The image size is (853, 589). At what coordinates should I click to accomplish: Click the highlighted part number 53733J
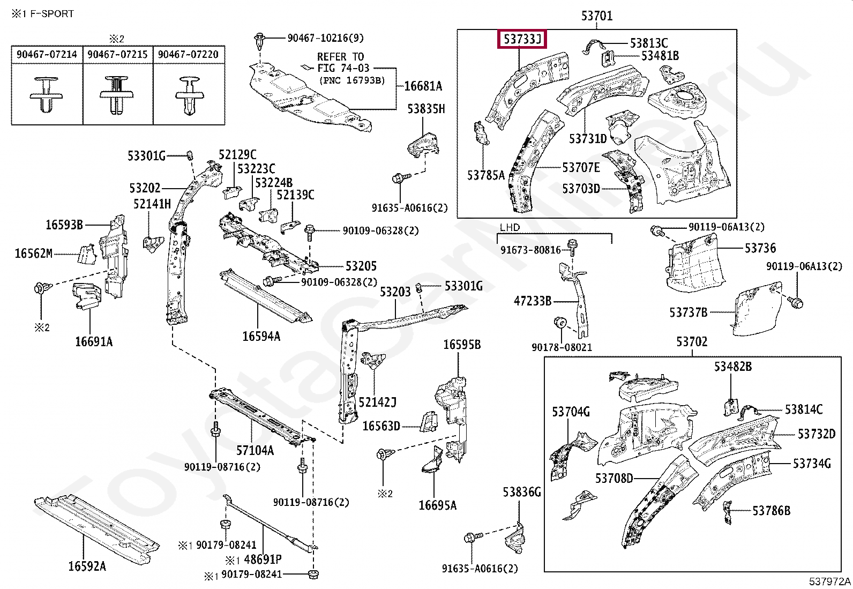[522, 39]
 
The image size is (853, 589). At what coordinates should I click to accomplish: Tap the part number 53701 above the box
[597, 16]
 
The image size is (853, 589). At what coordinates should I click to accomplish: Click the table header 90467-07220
[188, 55]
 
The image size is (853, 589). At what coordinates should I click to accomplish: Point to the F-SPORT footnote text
[51, 14]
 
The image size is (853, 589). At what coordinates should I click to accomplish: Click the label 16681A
[423, 86]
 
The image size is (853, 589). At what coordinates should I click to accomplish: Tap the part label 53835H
[426, 109]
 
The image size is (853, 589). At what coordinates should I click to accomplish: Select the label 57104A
[255, 451]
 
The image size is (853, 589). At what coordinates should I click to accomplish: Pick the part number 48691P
[263, 560]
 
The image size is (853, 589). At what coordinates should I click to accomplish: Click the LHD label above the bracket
[510, 227]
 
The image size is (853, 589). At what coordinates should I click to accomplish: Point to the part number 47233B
[533, 301]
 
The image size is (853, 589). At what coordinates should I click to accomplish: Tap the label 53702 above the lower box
[692, 342]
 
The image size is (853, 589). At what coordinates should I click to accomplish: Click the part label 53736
[760, 248]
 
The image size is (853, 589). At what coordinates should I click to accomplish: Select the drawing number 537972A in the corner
[830, 581]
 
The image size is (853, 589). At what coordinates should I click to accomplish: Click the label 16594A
[261, 337]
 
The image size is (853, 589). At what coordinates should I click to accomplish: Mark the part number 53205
[361, 266]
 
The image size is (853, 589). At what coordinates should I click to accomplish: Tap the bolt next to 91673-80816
[572, 247]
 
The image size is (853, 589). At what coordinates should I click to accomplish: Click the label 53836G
[522, 492]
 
